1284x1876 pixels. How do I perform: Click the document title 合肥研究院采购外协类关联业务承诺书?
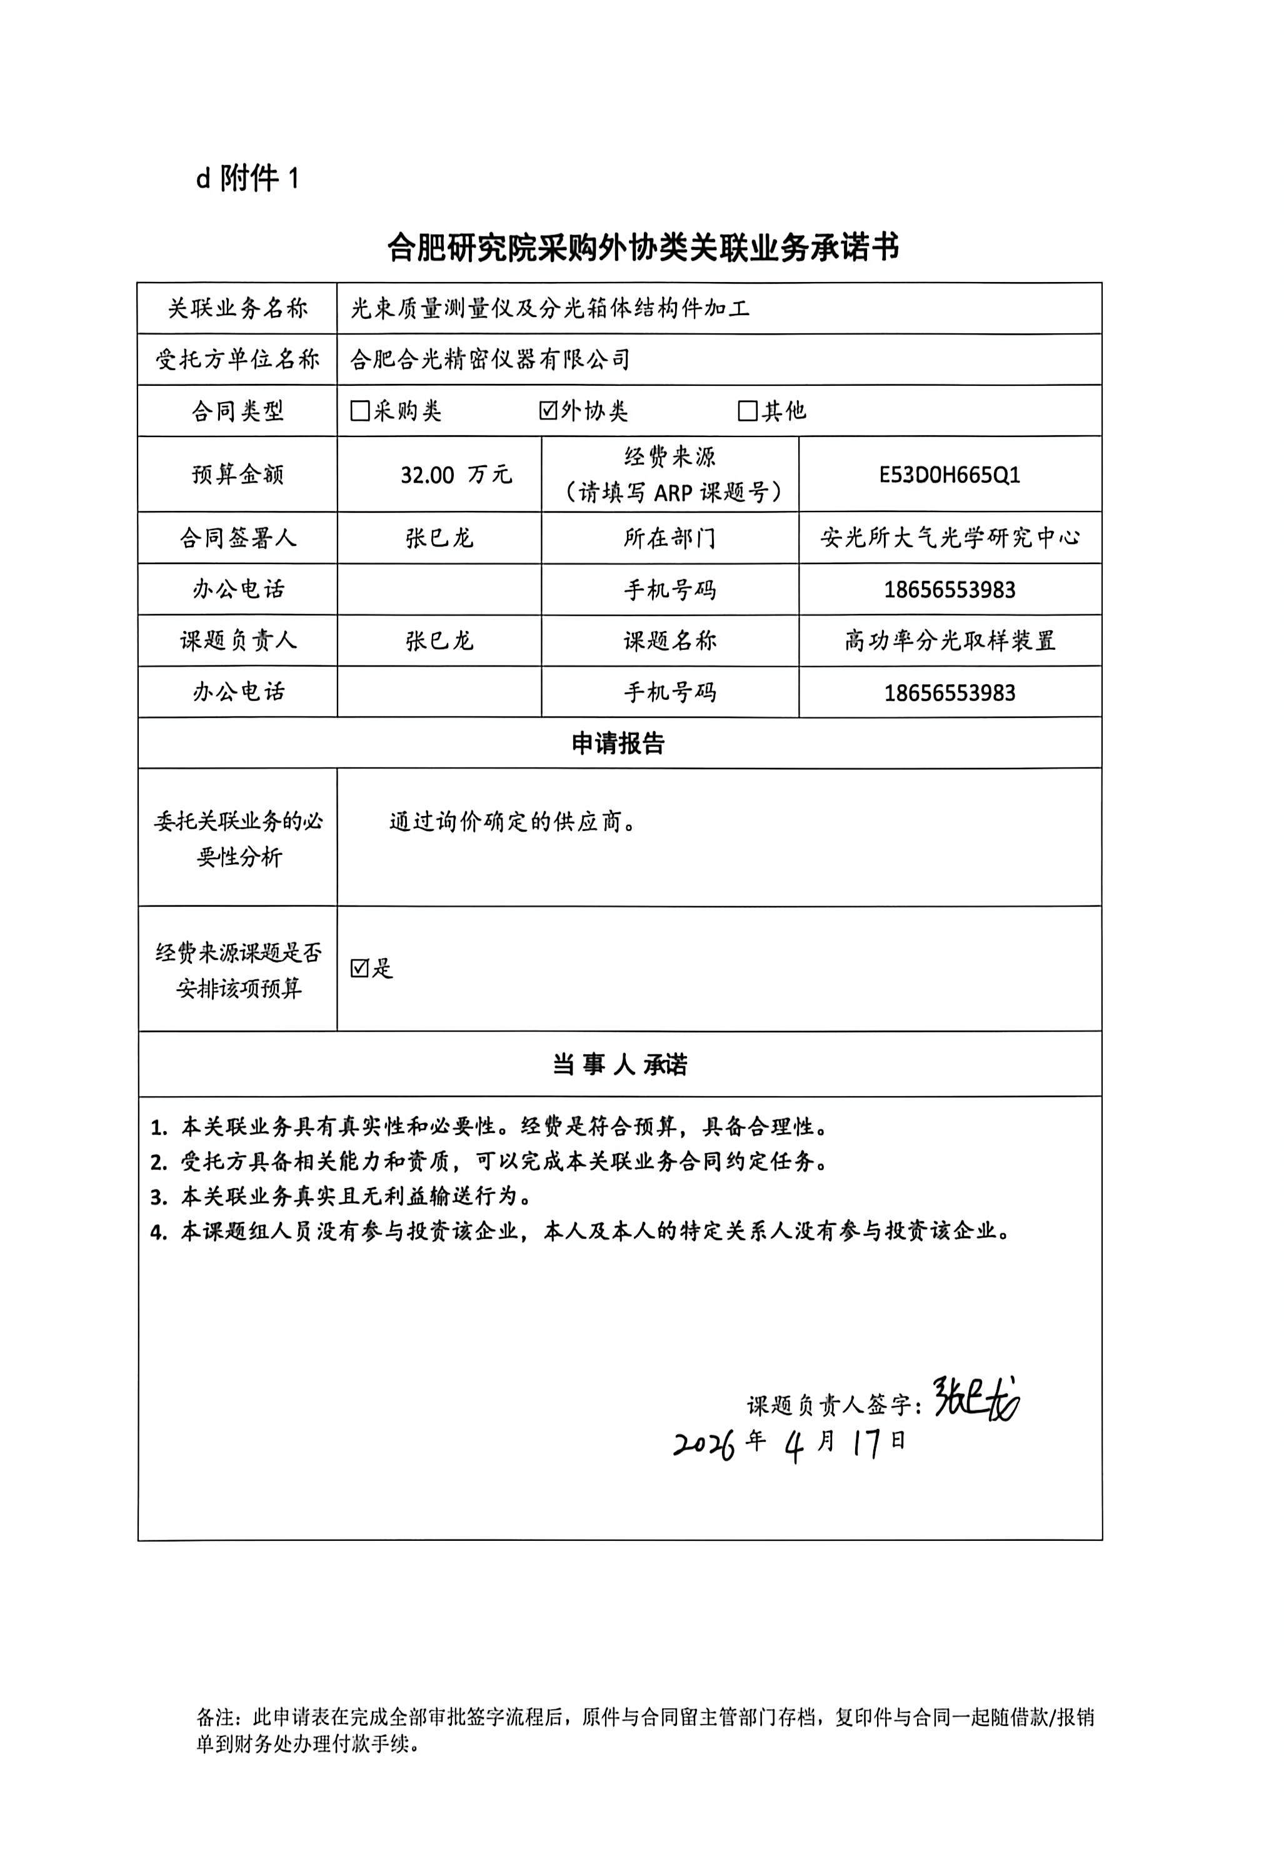(643, 248)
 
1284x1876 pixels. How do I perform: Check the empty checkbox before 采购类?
(360, 411)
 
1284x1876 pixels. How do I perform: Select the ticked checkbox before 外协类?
(549, 411)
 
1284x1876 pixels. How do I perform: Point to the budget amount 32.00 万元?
(456, 475)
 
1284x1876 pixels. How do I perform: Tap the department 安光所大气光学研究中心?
(950, 538)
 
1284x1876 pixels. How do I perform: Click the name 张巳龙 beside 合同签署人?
(439, 538)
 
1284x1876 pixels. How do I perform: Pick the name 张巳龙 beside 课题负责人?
(439, 641)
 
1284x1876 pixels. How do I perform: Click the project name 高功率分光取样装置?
(950, 641)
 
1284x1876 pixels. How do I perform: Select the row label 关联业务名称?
(238, 308)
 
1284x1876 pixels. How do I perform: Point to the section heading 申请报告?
(618, 744)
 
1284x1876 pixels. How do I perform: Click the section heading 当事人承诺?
(619, 1065)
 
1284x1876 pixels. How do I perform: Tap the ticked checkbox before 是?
(360, 968)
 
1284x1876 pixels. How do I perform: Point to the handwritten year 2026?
(704, 1445)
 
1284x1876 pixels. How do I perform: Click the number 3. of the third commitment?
(159, 1197)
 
